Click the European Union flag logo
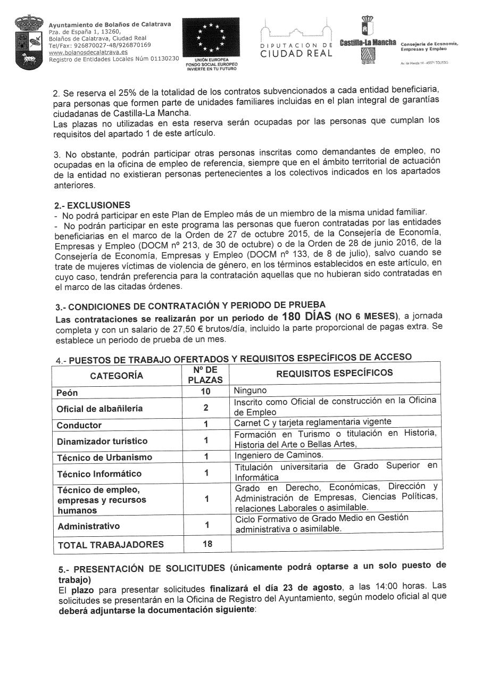[211, 38]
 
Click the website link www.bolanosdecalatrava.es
[88, 52]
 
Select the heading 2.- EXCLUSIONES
[92, 205]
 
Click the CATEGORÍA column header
[117, 376]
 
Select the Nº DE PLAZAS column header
[205, 375]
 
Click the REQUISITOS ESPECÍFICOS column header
[334, 372]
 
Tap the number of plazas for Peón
[205, 392]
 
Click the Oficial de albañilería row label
[100, 409]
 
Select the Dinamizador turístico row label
[102, 441]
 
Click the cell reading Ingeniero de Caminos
[279, 455]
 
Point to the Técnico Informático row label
[99, 474]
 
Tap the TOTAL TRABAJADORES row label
[111, 544]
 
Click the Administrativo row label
[89, 526]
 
